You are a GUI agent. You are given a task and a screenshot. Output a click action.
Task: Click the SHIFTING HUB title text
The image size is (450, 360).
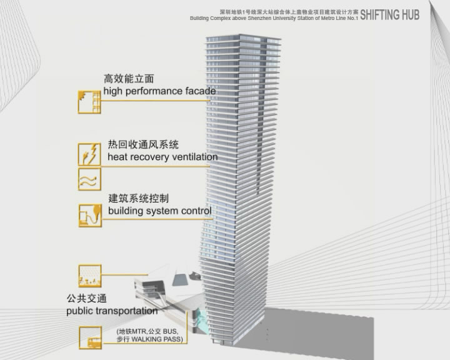[x=389, y=14]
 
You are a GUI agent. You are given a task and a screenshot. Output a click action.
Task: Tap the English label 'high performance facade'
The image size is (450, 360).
[x=159, y=91]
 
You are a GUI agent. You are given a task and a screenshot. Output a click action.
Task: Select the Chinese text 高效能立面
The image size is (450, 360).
[x=129, y=79]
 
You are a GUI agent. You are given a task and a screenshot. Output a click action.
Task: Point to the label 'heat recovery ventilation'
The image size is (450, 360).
[x=162, y=157]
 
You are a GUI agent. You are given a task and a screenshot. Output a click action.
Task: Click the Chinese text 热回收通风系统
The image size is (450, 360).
[x=142, y=144]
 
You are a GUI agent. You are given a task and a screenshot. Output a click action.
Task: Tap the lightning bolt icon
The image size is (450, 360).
[x=89, y=154]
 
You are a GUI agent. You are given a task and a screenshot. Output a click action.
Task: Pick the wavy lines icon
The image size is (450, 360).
[x=89, y=179]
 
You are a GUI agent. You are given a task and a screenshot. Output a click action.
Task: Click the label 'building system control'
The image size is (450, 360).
[x=159, y=211]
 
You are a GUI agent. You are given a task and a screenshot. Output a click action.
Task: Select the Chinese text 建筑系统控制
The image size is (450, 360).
[x=138, y=198]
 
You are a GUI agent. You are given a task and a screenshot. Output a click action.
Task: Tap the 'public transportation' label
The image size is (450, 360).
[x=112, y=311]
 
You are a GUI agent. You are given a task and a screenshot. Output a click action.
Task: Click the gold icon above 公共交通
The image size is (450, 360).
[x=89, y=276]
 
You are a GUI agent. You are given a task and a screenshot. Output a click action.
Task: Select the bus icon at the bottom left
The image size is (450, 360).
[x=89, y=338]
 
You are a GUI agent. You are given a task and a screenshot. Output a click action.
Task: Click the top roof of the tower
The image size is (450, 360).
[x=244, y=38]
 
